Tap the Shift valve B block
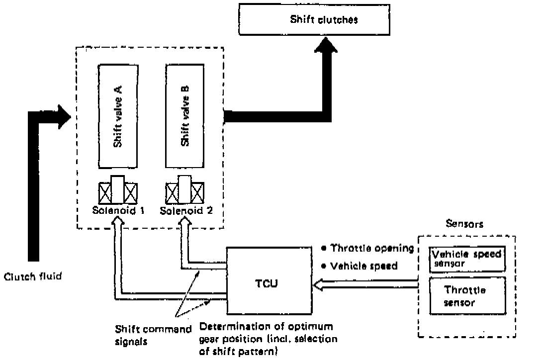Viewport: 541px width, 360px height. [x=184, y=116]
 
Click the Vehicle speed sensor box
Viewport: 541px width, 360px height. [x=466, y=258]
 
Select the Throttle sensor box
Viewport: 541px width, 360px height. [x=466, y=296]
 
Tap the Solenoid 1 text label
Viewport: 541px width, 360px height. [x=118, y=210]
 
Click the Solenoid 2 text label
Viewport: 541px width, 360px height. [x=186, y=210]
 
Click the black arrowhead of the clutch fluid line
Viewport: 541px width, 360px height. [x=65, y=115]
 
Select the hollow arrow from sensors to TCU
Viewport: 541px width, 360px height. [x=365, y=284]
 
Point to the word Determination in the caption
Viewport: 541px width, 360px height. [x=226, y=328]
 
